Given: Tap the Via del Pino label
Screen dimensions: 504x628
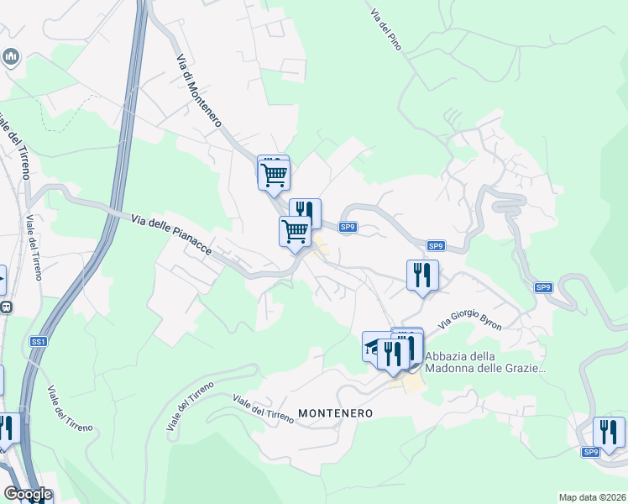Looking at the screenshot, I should (x=385, y=31).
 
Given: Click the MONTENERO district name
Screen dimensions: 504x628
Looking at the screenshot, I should (x=335, y=413).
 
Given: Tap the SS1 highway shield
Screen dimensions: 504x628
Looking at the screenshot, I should (x=38, y=342).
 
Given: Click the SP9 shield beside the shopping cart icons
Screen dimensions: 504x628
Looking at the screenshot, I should (x=348, y=227).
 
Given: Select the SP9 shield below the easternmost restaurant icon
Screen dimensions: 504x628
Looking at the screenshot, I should (x=591, y=452).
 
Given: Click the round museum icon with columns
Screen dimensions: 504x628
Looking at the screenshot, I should (x=11, y=57).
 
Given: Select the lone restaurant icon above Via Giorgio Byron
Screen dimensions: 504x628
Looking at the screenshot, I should (x=422, y=275).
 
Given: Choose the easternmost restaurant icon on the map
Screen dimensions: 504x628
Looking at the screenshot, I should (x=609, y=432).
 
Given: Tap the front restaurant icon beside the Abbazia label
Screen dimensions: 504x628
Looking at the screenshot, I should (x=392, y=353).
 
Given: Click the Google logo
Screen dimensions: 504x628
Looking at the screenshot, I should (x=27, y=494).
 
